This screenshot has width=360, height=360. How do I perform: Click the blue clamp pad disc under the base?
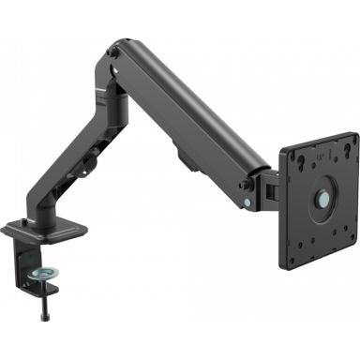click(43, 272)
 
